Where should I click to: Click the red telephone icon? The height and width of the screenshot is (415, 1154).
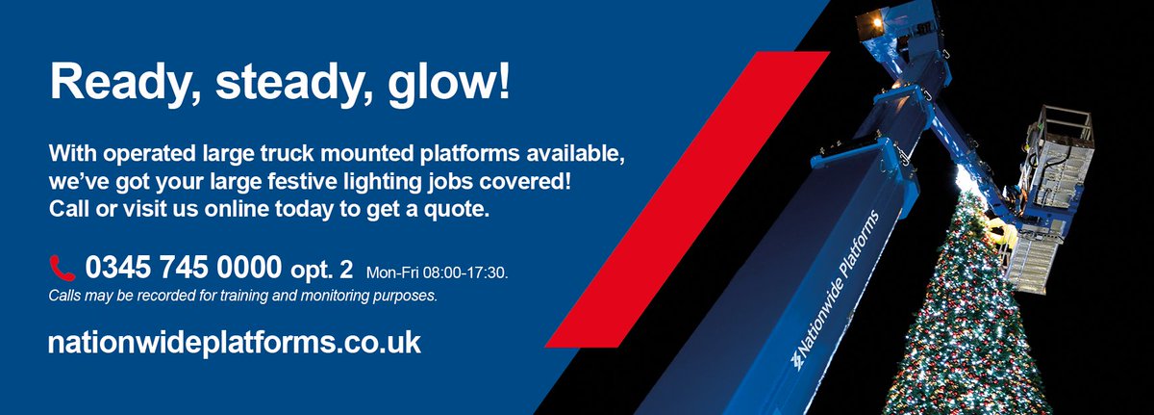[63, 267]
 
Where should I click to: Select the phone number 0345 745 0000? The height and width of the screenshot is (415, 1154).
[183, 266]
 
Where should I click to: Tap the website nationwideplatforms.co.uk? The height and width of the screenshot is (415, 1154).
[234, 343]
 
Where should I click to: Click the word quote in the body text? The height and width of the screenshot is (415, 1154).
[457, 208]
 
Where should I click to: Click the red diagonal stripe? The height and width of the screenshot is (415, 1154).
[688, 197]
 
